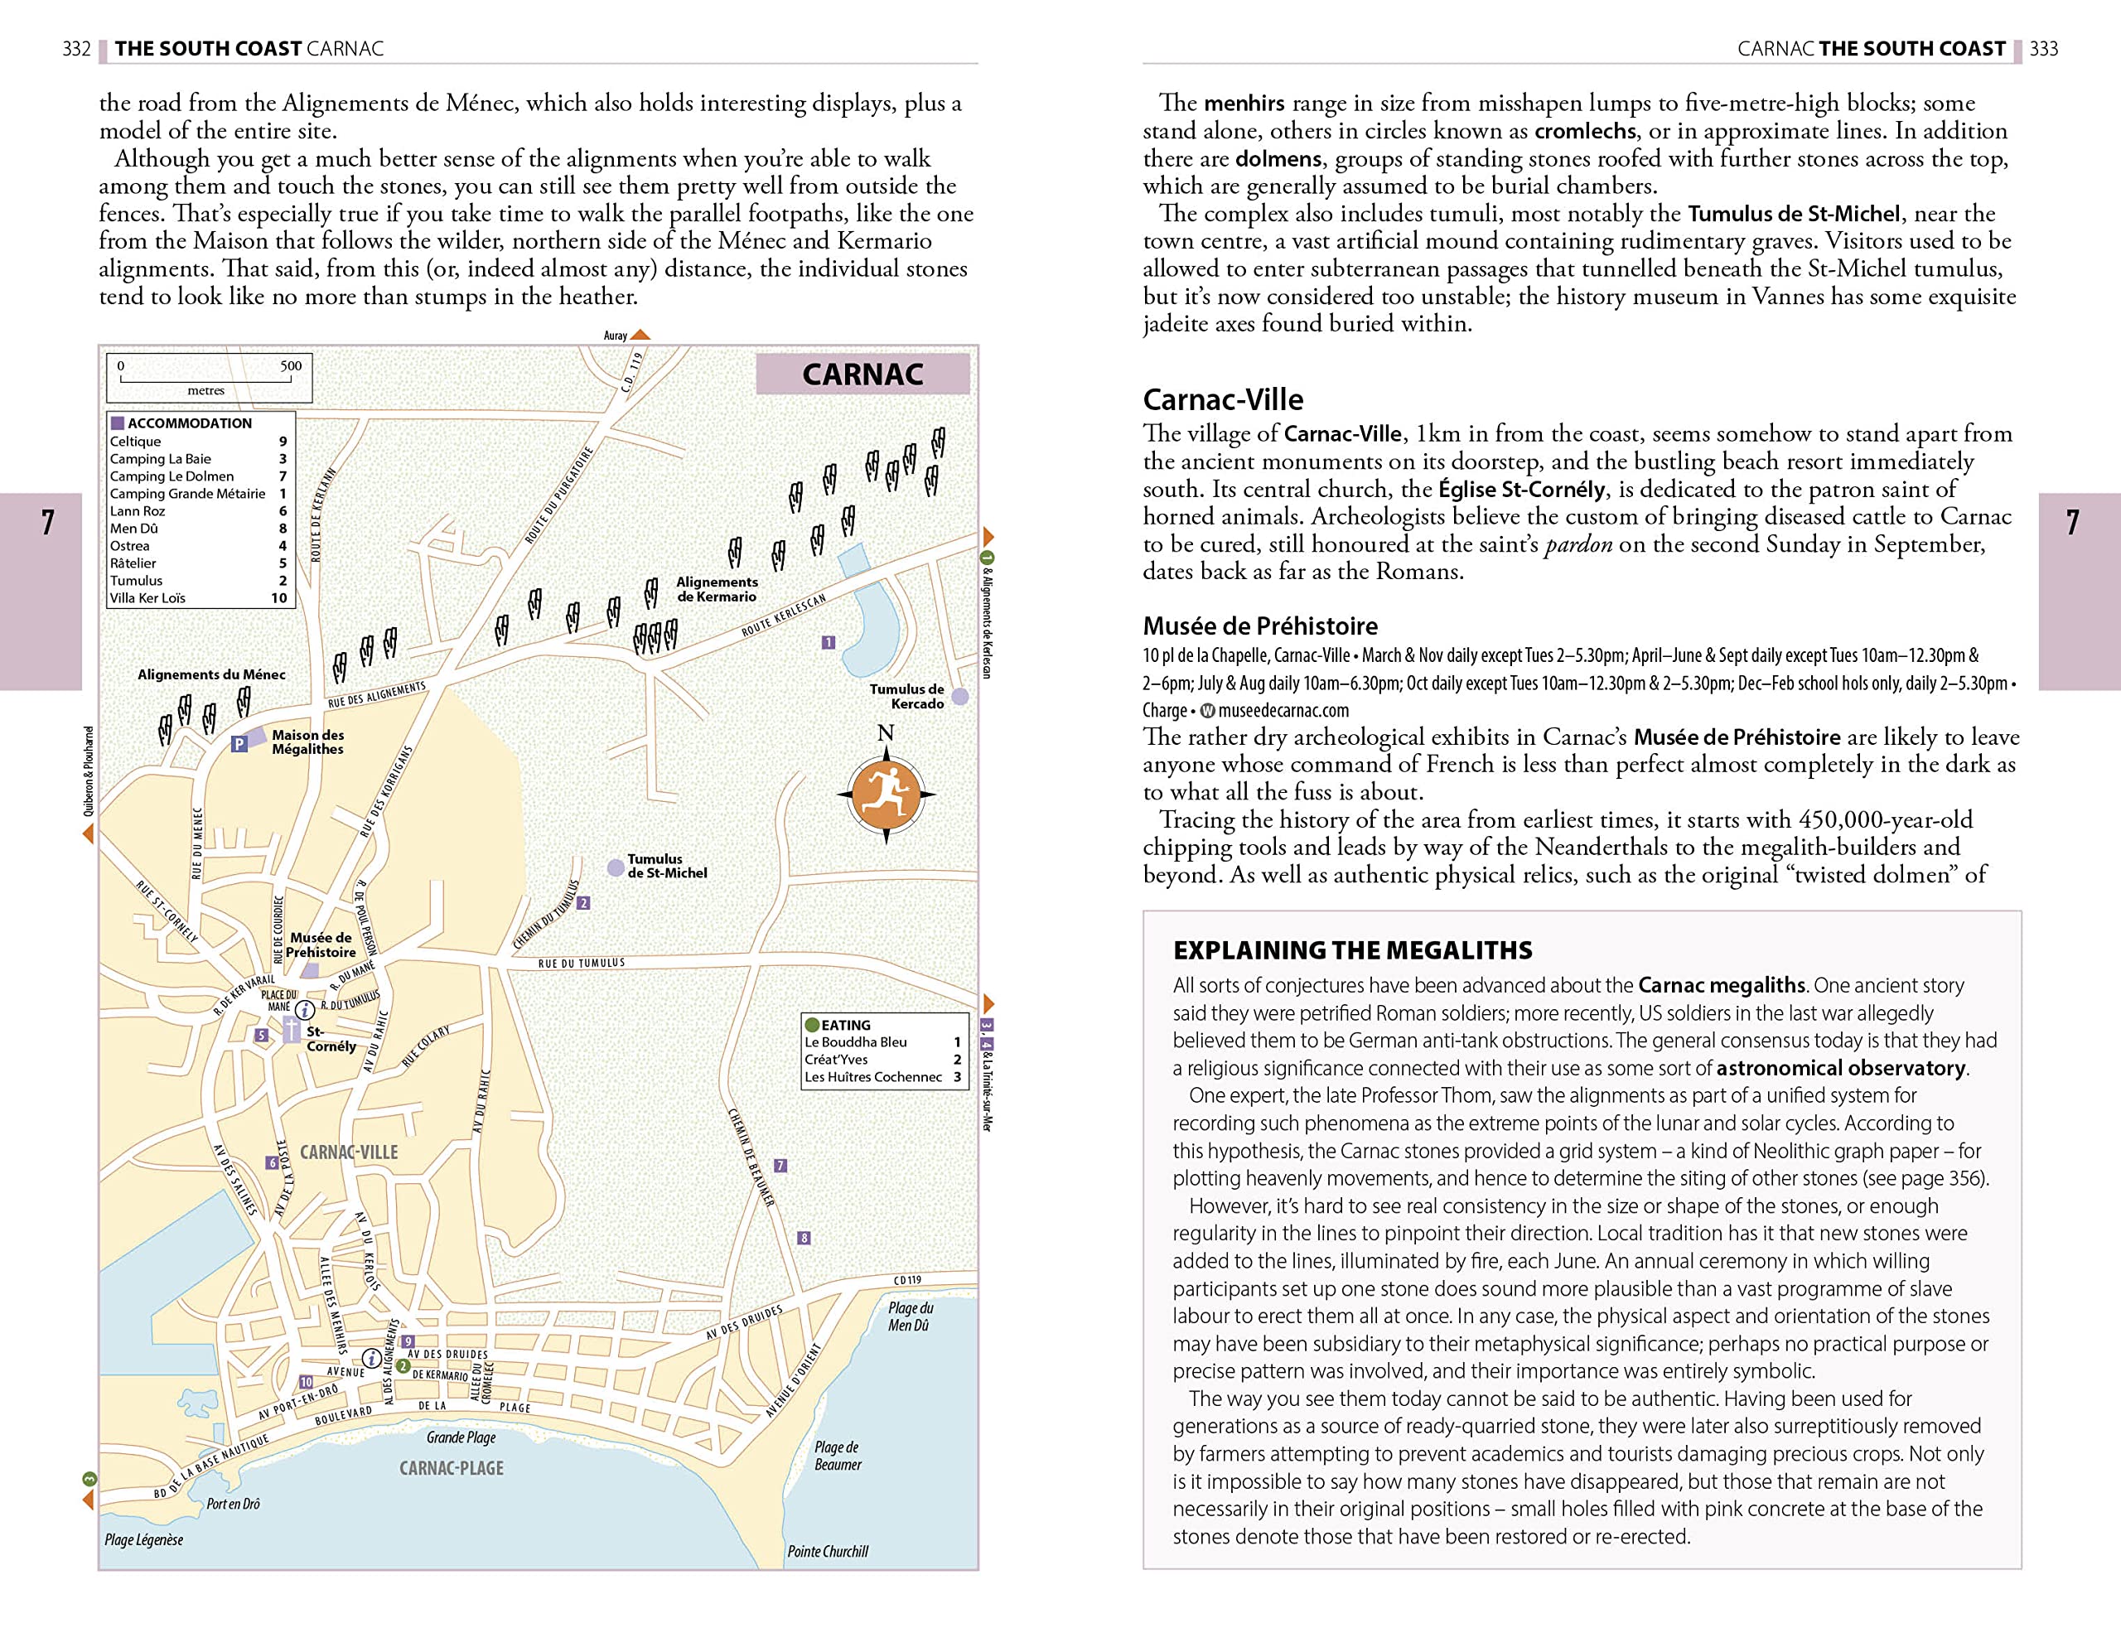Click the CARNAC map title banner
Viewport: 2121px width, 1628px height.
tap(862, 374)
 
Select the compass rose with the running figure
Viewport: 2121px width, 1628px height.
tap(886, 794)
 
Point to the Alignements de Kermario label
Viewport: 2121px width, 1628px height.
tap(716, 589)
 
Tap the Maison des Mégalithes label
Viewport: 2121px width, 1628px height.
tap(307, 742)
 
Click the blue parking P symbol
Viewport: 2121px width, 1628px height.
tap(239, 743)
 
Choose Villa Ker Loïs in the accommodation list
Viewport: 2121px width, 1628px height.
tap(147, 598)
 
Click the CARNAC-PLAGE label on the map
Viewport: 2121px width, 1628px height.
tap(452, 1467)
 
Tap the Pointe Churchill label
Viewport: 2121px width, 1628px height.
tap(828, 1550)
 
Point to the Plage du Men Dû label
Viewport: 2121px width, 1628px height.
tap(910, 1316)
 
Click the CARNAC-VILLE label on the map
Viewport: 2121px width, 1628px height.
tap(349, 1152)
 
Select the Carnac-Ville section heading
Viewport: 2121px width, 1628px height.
tap(1223, 399)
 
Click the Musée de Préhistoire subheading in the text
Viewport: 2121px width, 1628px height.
tap(1259, 626)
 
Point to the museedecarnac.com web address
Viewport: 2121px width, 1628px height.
tap(1283, 710)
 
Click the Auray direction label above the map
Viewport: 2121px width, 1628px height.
tap(616, 336)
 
